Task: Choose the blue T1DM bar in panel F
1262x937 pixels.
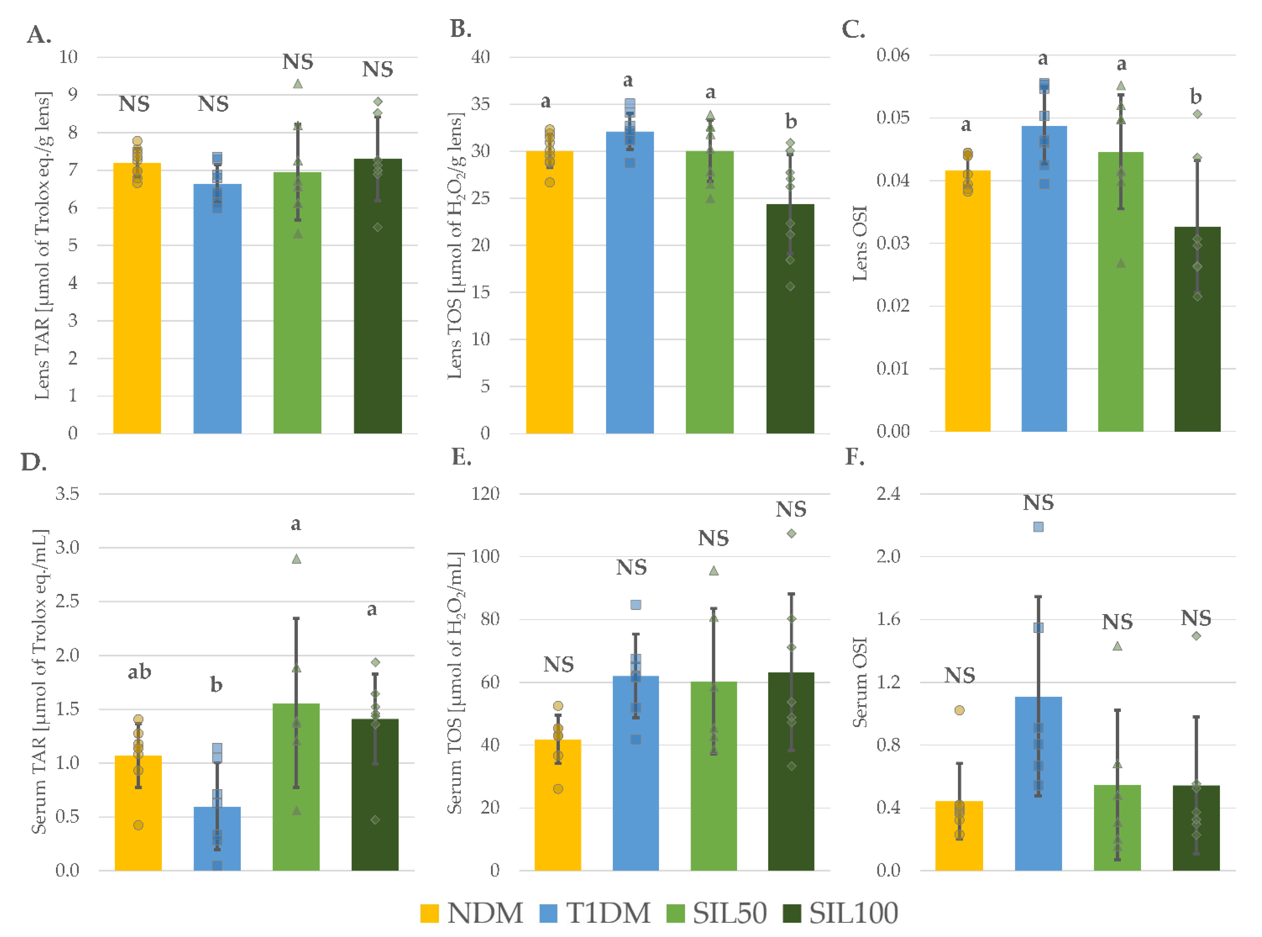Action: coord(1038,783)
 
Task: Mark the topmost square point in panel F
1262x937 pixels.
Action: coord(1038,527)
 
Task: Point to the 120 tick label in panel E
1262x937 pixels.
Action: coord(485,494)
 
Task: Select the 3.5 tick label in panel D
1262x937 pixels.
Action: coord(67,494)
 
